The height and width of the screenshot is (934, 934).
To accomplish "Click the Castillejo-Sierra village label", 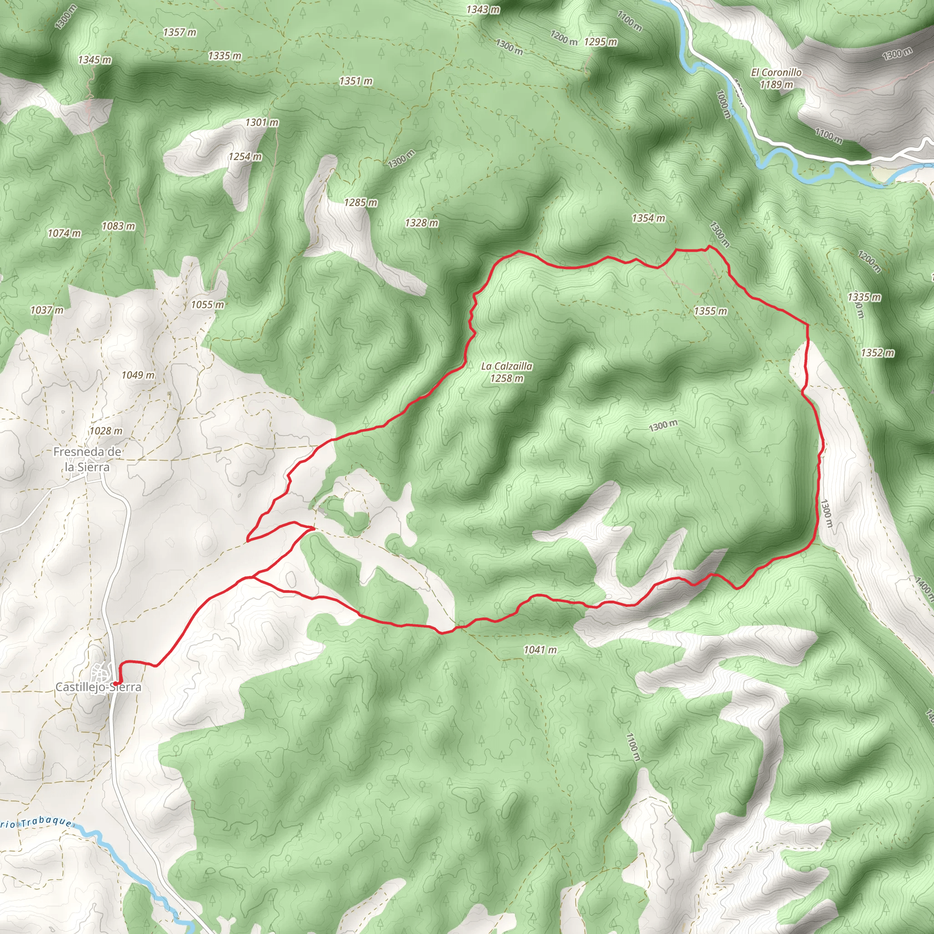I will coord(99,687).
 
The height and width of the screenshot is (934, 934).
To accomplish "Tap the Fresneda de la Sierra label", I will coord(87,459).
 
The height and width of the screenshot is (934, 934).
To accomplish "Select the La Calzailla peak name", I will coord(507,367).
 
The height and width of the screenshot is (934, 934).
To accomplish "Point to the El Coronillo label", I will coord(776,73).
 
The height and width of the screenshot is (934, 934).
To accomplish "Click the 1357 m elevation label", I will coord(179,32).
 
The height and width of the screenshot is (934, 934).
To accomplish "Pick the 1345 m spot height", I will coord(94,60).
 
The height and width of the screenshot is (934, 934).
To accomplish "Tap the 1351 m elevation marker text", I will coord(356,81).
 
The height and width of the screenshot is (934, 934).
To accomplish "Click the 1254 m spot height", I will coord(245,156).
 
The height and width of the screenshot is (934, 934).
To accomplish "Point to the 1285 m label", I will coord(361,202).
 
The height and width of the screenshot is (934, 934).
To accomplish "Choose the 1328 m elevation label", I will coord(421,223).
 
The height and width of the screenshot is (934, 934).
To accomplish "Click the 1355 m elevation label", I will coord(710,311).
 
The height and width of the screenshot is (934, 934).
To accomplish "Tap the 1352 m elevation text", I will coord(877,353).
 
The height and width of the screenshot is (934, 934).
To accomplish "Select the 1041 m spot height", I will coord(540,650).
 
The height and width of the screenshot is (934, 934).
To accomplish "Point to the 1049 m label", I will coord(138,375).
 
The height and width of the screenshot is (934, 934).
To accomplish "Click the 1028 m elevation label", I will coord(106,431).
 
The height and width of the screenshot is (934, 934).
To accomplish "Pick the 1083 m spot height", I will coord(119,226).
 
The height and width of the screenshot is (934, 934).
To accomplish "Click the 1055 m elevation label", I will coord(208,305).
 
